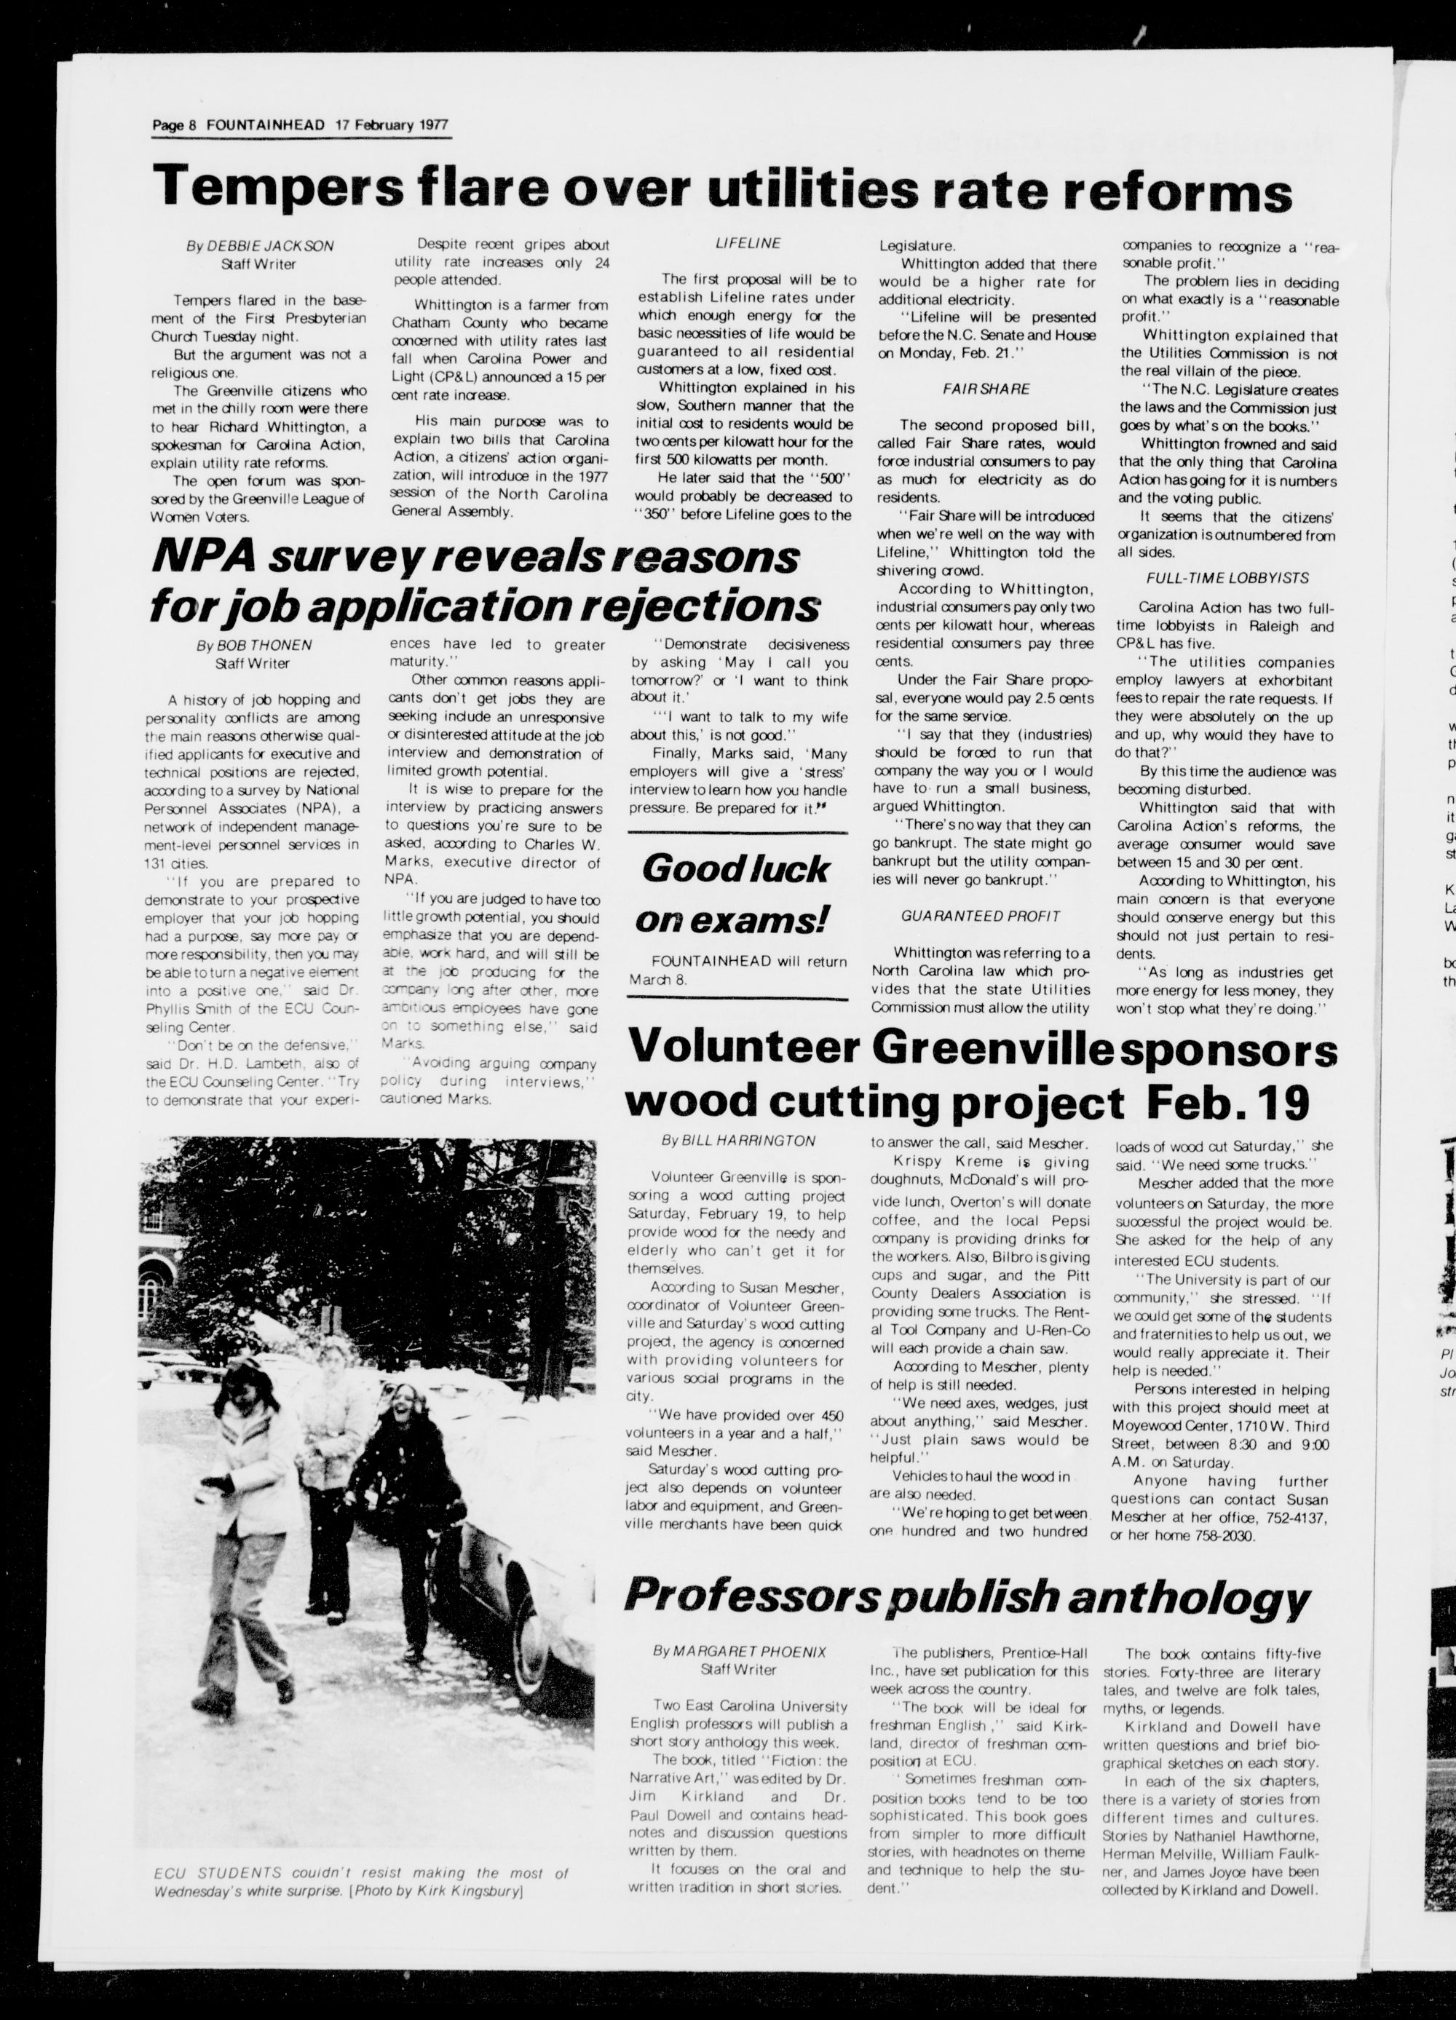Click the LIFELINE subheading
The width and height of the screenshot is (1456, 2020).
[x=748, y=243]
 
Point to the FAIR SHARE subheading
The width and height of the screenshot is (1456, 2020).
[x=986, y=389]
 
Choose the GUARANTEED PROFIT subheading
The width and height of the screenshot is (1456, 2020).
[x=981, y=916]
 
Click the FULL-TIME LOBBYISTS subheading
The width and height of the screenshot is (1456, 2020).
[x=1215, y=578]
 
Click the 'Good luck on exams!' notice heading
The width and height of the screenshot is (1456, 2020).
[x=735, y=893]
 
